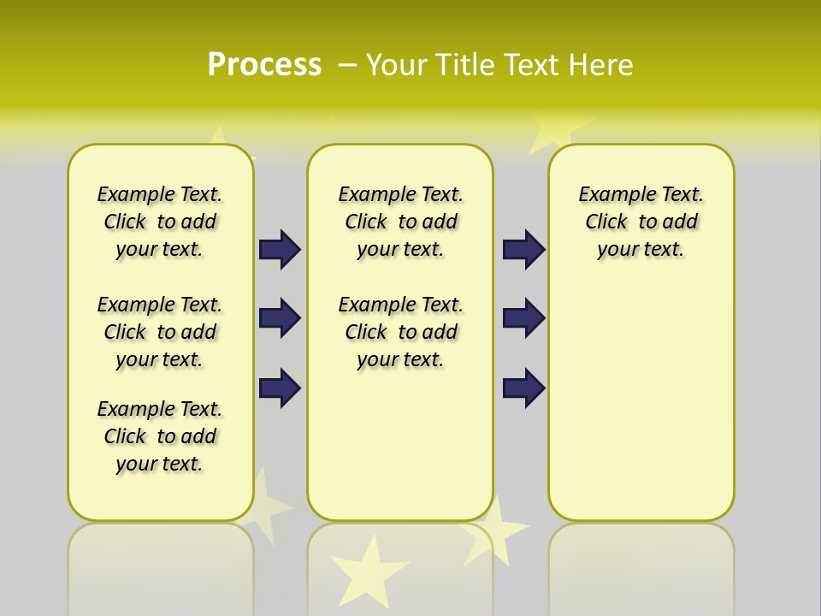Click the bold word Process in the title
coord(264,65)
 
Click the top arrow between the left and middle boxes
coord(280,249)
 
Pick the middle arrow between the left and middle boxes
coord(280,318)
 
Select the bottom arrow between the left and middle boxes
coord(280,388)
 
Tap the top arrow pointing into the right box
coord(523,249)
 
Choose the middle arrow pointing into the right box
coord(523,318)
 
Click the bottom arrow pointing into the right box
coord(523,388)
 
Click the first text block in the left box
coord(160,222)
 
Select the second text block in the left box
coord(160,332)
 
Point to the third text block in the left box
coord(160,436)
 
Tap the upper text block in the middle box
coord(400,222)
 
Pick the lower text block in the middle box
coord(400,332)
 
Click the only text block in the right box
coord(641,222)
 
